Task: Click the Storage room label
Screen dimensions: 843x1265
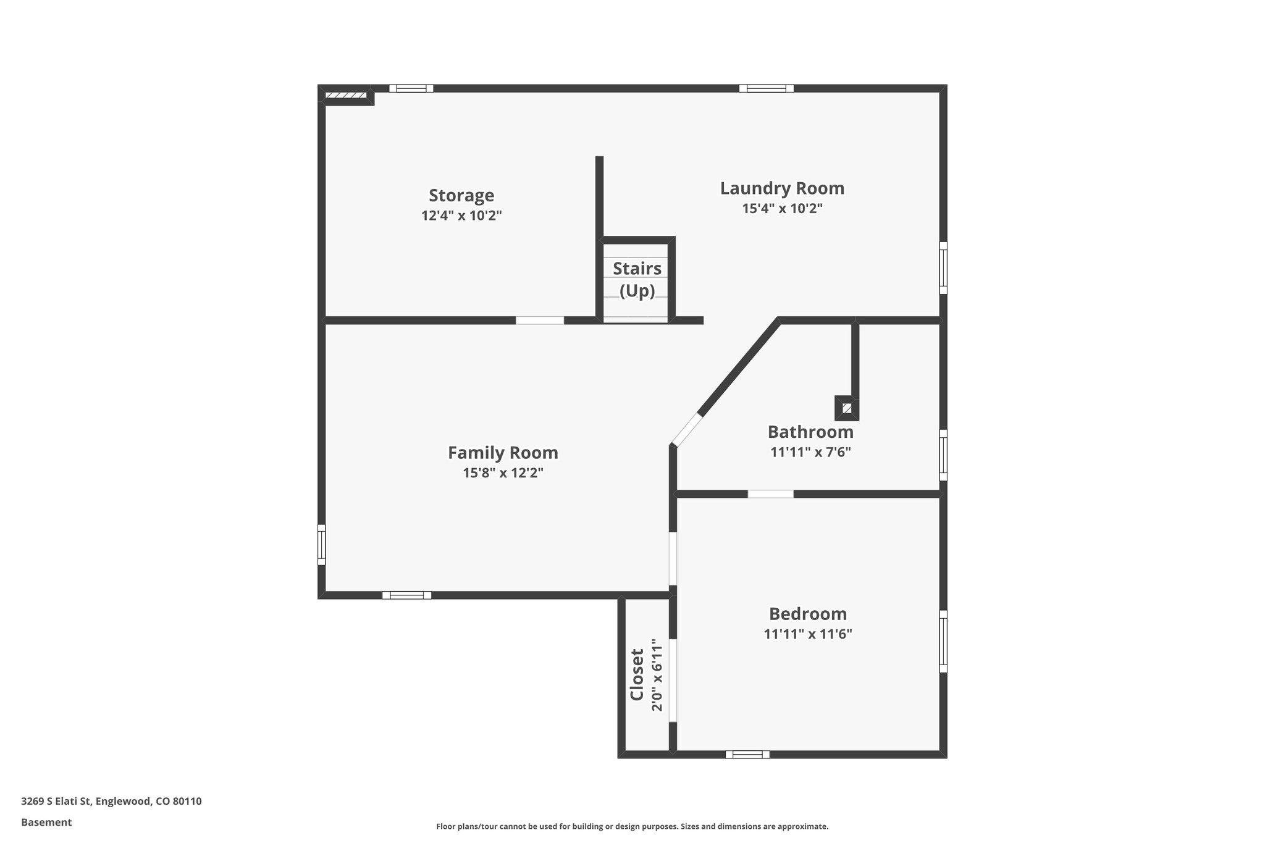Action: (461, 195)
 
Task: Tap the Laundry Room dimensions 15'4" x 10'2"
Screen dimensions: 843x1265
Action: (782, 209)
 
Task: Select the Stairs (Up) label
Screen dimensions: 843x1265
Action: (637, 279)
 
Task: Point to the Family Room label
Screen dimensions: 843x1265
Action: (503, 453)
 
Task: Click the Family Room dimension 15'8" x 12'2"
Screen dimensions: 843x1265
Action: (503, 473)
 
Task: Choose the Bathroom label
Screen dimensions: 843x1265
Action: (810, 432)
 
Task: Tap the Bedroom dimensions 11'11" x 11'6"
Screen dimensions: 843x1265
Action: (808, 634)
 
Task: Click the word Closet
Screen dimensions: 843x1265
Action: (637, 674)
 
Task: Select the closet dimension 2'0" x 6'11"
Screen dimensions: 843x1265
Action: (657, 674)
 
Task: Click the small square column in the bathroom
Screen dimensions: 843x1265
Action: (847, 408)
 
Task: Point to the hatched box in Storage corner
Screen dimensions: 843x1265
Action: (346, 95)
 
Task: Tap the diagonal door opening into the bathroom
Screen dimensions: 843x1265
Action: (687, 429)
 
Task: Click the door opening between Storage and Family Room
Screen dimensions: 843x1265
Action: (539, 320)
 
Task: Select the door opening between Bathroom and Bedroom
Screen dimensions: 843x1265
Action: (770, 494)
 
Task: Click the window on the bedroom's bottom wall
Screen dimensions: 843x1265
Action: (747, 754)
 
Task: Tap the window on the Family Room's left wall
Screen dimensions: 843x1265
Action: (321, 544)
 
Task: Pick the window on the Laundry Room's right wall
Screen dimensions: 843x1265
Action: (943, 267)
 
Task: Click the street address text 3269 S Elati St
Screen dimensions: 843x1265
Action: (111, 802)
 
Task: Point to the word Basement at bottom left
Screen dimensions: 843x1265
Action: (46, 823)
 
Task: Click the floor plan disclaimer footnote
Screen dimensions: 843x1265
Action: (632, 826)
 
